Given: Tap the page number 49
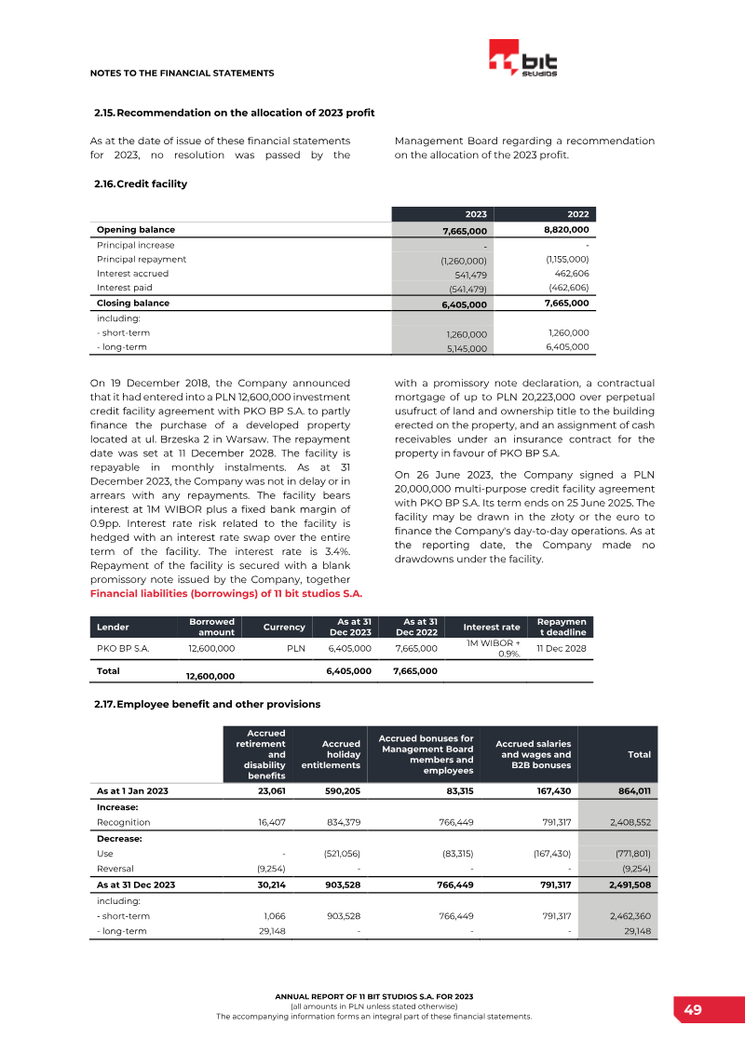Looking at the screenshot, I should click(x=692, y=1010).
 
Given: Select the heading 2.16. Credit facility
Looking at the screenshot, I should click(x=141, y=184).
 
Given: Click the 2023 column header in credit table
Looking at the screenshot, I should click(x=476, y=214).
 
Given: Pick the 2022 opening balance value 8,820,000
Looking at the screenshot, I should click(x=566, y=229).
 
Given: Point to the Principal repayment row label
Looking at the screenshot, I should click(x=142, y=259).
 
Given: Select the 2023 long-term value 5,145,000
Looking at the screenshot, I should click(x=466, y=348).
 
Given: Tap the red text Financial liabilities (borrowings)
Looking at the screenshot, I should click(x=226, y=593).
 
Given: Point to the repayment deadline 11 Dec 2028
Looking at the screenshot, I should click(x=561, y=648).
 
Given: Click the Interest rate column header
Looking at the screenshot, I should click(x=491, y=628).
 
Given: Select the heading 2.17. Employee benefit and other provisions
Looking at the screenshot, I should click(x=207, y=704).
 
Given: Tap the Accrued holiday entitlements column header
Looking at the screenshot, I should click(x=331, y=754).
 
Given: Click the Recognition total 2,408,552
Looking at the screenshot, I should click(x=630, y=823).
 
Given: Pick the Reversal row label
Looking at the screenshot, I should click(x=116, y=869).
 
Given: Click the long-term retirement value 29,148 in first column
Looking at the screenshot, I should click(x=271, y=931).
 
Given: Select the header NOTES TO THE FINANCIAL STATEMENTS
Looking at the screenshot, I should click(x=182, y=73).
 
